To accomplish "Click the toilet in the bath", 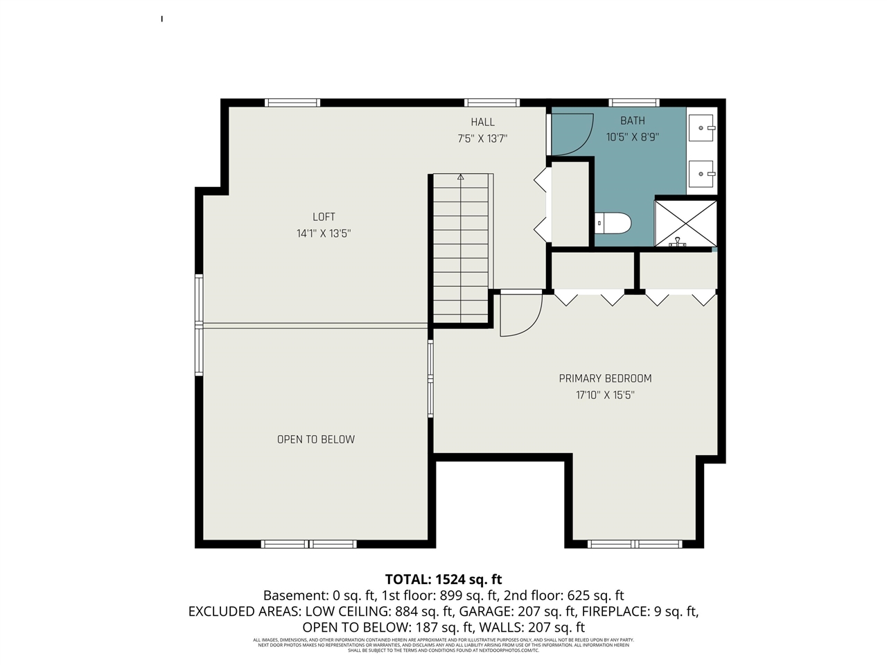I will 614,223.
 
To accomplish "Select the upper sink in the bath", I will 701,128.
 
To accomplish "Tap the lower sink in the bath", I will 701,174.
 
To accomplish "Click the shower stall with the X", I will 685,223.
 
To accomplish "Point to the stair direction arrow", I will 461,177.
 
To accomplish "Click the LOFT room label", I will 324,217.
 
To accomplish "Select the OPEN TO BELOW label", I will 316,439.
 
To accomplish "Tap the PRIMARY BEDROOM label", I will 605,378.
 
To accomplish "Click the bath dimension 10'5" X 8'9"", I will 632,137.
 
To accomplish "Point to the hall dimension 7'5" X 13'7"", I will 482,139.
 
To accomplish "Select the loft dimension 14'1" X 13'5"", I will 324,233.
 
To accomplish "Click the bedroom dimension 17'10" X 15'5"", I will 605,395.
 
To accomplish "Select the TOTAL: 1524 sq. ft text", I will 443,579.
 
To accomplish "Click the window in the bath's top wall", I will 633,103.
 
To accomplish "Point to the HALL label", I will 482,122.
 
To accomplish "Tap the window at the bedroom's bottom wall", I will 635,544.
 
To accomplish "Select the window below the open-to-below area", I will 309,544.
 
